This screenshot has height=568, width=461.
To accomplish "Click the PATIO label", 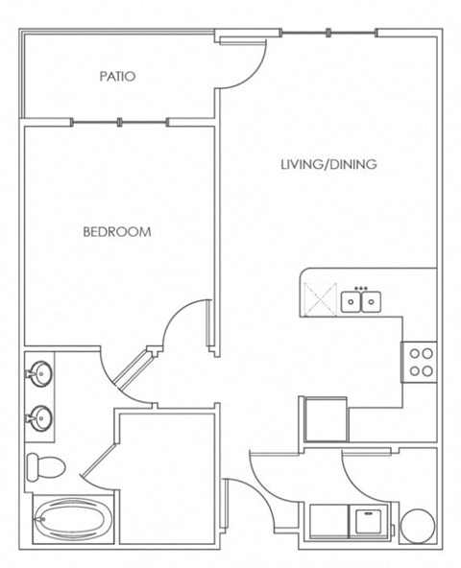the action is click(117, 76).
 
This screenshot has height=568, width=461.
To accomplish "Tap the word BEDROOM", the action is click(117, 232).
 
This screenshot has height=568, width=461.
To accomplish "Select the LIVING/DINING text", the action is click(329, 164).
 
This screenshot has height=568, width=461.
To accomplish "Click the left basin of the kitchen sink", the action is click(351, 301).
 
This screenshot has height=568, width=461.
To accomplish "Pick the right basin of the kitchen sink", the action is click(371, 301).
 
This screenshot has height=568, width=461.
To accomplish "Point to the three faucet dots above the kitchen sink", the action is click(361, 288).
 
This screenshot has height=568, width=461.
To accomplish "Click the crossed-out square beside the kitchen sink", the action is click(321, 299).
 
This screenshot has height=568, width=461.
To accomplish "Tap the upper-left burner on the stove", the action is click(415, 353).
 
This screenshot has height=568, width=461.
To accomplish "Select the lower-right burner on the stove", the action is click(428, 371).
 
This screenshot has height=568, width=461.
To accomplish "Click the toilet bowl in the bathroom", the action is click(51, 467).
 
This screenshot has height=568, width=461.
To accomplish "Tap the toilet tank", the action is click(33, 467).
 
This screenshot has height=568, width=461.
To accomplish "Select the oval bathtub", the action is click(71, 520).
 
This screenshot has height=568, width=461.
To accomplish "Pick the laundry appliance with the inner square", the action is click(368, 521).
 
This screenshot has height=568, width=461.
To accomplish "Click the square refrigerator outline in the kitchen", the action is click(327, 419).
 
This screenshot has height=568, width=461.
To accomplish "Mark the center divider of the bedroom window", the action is click(120, 122).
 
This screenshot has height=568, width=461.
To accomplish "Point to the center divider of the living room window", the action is click(328, 33).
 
